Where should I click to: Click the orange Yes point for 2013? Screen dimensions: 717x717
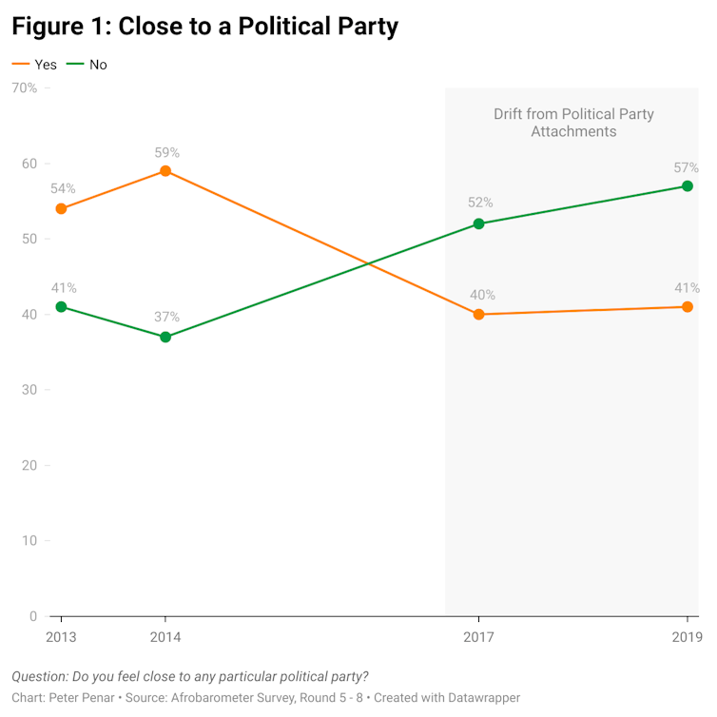click(61, 208)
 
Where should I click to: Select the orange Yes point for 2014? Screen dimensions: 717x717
click(165, 171)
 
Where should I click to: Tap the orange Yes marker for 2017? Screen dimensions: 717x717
click(478, 314)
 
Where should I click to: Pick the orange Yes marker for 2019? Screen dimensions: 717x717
click(688, 306)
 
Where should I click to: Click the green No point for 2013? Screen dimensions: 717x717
click(61, 306)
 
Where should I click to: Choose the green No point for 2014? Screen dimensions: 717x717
click(165, 337)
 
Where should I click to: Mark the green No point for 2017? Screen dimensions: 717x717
click(478, 223)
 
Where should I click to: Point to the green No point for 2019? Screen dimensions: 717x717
click(688, 186)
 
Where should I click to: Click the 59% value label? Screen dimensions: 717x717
click(165, 152)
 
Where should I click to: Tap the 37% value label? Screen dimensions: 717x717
click(165, 318)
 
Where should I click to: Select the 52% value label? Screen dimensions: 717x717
click(478, 203)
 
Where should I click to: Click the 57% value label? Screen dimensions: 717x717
click(687, 167)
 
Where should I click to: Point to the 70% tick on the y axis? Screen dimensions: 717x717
click(24, 88)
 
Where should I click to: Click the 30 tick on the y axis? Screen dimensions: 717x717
click(29, 390)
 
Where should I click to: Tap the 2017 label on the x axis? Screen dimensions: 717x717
click(478, 637)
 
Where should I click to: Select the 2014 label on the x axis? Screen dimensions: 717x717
click(165, 637)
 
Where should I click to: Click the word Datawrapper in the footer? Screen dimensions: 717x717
click(480, 698)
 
